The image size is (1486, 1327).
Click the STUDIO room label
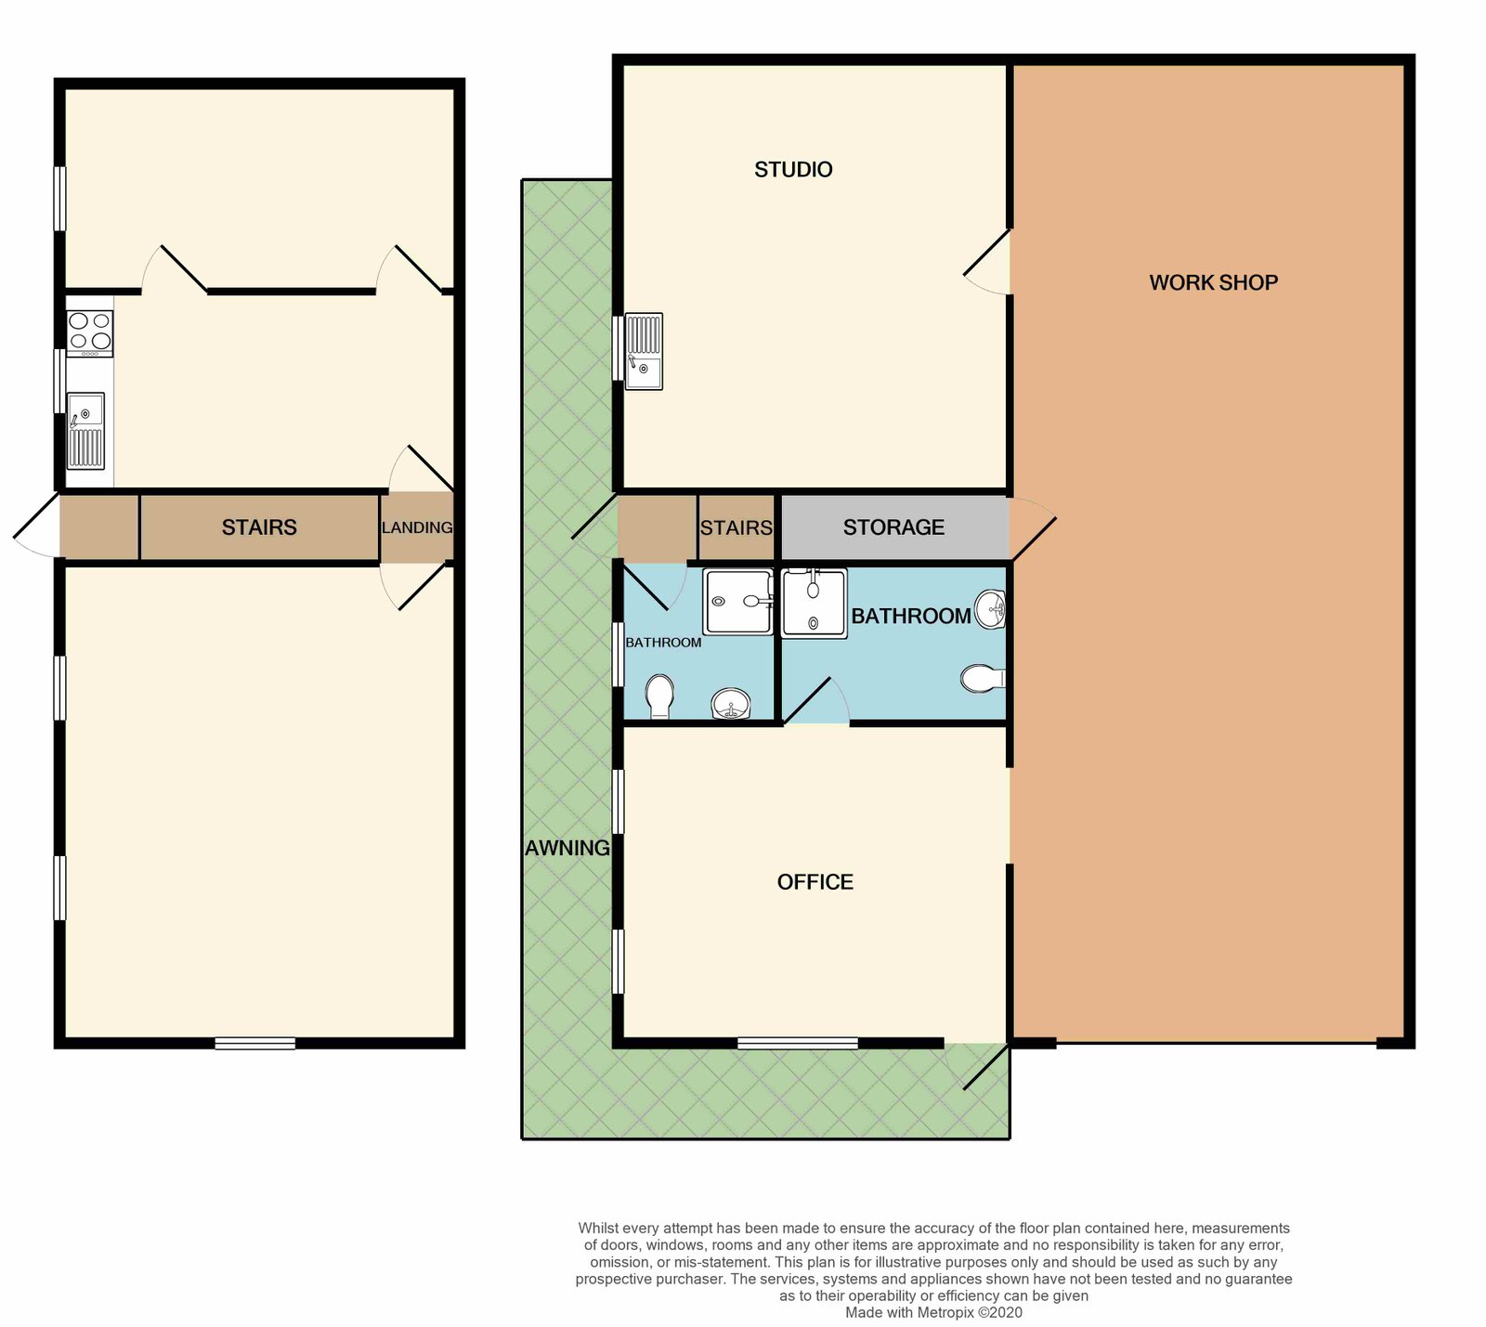coord(793,169)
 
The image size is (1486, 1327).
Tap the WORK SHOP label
coord(1213,282)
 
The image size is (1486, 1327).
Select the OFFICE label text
coord(815,881)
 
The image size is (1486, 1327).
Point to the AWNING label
coord(567,848)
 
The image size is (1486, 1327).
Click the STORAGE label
coord(893,527)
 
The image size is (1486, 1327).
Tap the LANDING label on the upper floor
coord(417,527)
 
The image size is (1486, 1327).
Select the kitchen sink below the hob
coord(85,431)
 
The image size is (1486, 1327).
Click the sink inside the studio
coord(644,351)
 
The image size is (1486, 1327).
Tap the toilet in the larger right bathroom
coord(983,679)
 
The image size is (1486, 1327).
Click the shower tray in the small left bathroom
coord(737,602)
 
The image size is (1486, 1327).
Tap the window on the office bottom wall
coord(797,1044)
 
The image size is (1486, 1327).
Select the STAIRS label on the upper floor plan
coord(259,527)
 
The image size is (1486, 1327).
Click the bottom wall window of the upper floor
coord(254,1044)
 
